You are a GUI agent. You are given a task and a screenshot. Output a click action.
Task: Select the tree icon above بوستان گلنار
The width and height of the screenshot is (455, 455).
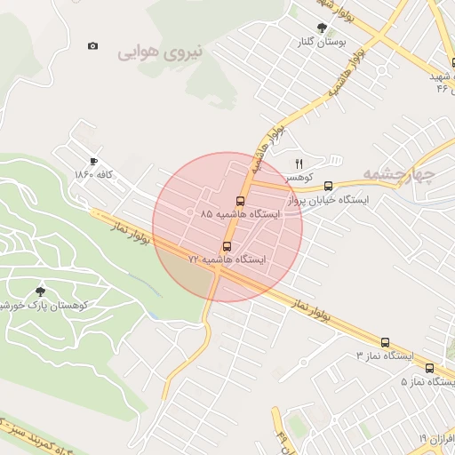click(x=321, y=28)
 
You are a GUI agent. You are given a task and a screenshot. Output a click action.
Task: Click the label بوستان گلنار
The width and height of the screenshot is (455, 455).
click(x=321, y=42)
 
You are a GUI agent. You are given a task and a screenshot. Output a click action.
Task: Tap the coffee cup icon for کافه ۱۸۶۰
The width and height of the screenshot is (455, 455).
click(x=93, y=162)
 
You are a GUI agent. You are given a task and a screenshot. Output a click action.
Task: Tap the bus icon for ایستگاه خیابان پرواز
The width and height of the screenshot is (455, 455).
click(x=329, y=187)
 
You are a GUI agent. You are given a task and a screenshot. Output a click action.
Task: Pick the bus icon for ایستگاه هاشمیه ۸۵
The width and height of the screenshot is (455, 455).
click(x=241, y=201)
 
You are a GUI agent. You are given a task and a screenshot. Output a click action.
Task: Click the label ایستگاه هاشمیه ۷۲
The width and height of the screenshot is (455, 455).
click(x=227, y=259)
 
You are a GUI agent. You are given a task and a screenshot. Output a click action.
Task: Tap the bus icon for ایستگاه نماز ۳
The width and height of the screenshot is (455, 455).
click(x=385, y=342)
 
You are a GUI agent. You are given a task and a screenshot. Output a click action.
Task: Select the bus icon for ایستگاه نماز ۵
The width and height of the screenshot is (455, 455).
click(x=430, y=368)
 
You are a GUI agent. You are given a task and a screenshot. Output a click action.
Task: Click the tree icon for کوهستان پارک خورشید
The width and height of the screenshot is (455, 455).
click(x=39, y=291)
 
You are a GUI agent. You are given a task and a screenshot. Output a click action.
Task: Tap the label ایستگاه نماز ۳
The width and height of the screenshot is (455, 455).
click(x=384, y=355)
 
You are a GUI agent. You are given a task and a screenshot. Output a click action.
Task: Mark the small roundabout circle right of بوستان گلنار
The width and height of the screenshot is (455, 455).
click(x=381, y=71)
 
